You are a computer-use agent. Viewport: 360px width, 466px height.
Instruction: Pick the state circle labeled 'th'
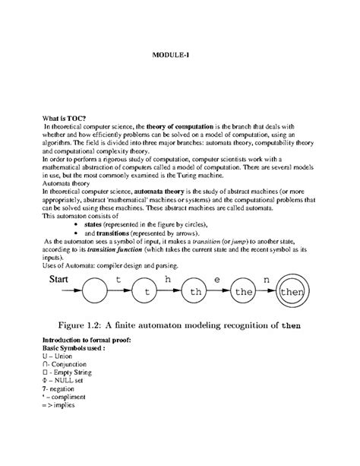[196, 292]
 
